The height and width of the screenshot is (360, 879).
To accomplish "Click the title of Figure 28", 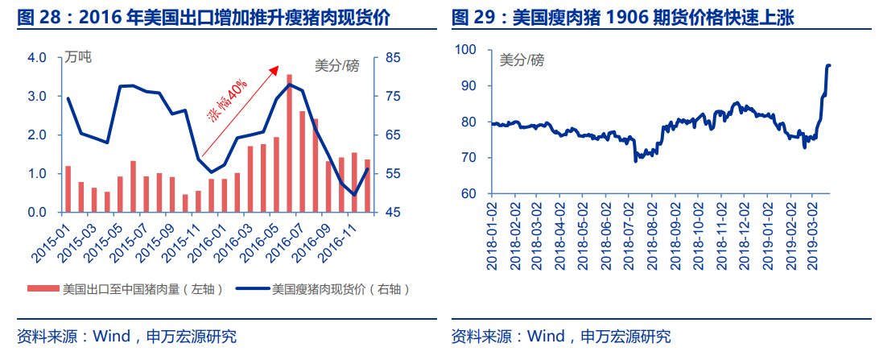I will [x=201, y=17].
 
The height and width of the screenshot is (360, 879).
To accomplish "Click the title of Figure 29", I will [x=622, y=17].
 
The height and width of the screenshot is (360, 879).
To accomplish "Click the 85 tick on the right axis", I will [x=393, y=58].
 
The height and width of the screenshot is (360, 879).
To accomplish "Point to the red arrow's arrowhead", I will [x=275, y=70].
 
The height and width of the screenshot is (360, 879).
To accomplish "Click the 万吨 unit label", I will [x=79, y=57].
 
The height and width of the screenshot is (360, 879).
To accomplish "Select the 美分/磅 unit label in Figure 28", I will [x=336, y=66].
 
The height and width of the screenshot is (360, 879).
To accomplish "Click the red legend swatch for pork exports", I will [x=43, y=288].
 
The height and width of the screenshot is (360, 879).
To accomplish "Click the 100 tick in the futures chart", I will [x=466, y=50].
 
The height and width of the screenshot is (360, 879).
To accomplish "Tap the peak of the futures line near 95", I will [x=829, y=65].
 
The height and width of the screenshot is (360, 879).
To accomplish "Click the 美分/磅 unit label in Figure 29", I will [x=522, y=60].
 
